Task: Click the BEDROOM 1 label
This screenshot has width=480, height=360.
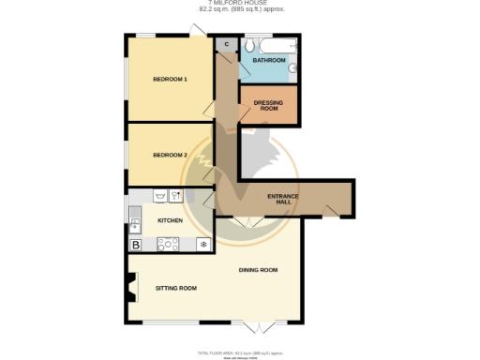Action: click(170, 79)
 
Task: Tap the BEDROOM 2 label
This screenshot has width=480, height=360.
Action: click(170, 154)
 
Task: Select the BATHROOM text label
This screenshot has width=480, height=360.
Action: click(268, 61)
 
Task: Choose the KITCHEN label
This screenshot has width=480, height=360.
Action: click(170, 220)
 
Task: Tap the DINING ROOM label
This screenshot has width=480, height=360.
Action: click(258, 270)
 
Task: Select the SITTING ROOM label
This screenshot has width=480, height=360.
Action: click(175, 288)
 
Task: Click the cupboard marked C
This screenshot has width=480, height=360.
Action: click(226, 44)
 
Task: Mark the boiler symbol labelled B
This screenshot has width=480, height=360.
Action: click(136, 245)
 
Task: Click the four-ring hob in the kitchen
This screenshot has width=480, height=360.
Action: click(170, 245)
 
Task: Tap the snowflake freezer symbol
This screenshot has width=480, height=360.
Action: click(202, 245)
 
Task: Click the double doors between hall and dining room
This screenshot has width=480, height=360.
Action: click(247, 220)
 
